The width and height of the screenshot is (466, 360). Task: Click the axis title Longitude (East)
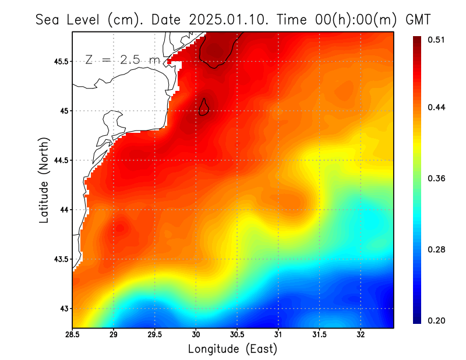(232, 349)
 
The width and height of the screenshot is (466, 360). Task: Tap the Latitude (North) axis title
(44, 179)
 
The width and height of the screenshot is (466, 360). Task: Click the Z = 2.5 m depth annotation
(122, 59)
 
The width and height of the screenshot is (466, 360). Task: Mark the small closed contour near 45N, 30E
(204, 107)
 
